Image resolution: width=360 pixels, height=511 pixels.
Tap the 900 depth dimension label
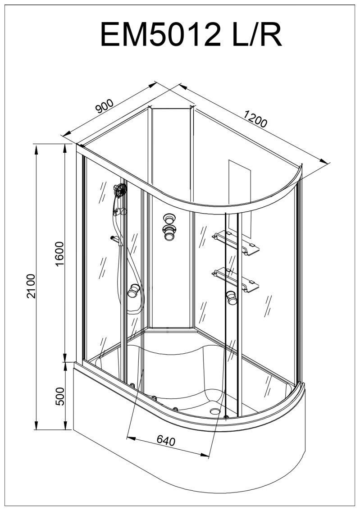pyautogui.click(x=105, y=105)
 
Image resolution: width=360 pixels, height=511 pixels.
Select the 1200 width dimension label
pyautogui.click(x=255, y=119)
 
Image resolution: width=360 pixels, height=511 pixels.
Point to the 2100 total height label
pyautogui.click(x=31, y=286)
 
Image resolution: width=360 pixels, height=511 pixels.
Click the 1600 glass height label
pyautogui.click(x=59, y=254)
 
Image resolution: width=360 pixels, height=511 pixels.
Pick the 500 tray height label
pyautogui.click(x=59, y=396)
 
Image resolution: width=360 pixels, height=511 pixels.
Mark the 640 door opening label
pyautogui.click(x=166, y=441)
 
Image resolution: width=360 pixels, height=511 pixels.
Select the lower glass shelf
pyautogui.click(x=236, y=280)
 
